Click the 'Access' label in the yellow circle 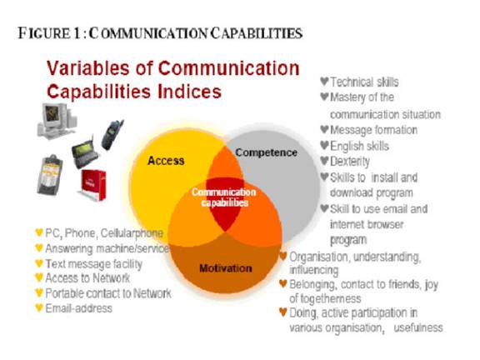(166, 161)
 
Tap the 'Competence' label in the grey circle (266, 152)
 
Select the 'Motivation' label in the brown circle (226, 268)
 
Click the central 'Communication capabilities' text (224, 197)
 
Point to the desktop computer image (57, 120)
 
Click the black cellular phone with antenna (112, 135)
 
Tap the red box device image (93, 185)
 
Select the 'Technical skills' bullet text (364, 82)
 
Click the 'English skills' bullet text (359, 146)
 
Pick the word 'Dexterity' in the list (350, 162)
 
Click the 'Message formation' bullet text (373, 130)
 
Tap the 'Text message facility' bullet (94, 264)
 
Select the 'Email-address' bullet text (78, 308)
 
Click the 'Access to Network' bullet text (87, 278)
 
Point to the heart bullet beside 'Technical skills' (324, 81)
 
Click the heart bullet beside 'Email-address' (39, 307)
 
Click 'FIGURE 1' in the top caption (49, 33)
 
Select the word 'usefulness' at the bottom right (418, 327)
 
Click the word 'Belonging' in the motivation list (313, 285)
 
